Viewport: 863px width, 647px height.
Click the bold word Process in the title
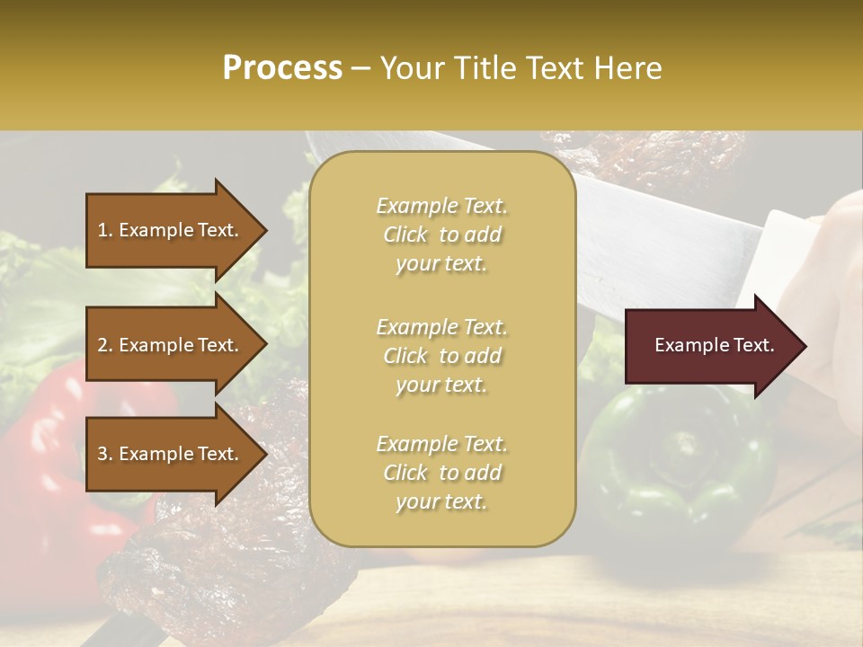click(x=282, y=68)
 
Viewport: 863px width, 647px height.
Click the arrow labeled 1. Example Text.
click(x=168, y=230)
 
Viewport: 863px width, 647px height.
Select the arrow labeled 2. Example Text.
click(x=168, y=345)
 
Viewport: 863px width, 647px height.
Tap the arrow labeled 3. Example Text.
click(x=168, y=454)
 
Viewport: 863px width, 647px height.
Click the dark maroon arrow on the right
click(x=710, y=346)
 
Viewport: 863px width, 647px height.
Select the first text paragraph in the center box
click(x=441, y=235)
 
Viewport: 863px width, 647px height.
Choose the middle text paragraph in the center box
click(x=441, y=356)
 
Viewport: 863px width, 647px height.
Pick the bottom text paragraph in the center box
click(x=441, y=473)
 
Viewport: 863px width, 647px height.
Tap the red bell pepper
click(x=45, y=449)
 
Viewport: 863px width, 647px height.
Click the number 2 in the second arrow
click(x=102, y=345)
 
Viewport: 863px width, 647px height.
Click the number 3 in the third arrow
click(x=102, y=454)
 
